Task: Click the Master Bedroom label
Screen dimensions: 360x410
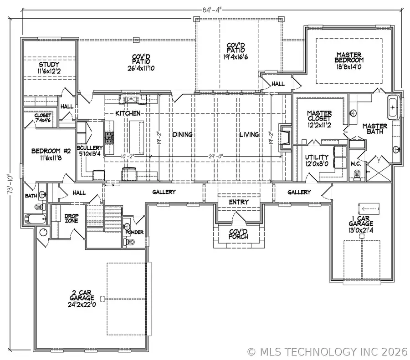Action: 349,57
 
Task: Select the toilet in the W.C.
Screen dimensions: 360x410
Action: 357,173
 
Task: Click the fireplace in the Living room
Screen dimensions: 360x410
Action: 285,135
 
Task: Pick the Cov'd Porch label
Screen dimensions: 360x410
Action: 238,234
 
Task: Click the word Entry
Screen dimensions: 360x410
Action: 238,202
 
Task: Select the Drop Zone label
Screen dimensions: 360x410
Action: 71,218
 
